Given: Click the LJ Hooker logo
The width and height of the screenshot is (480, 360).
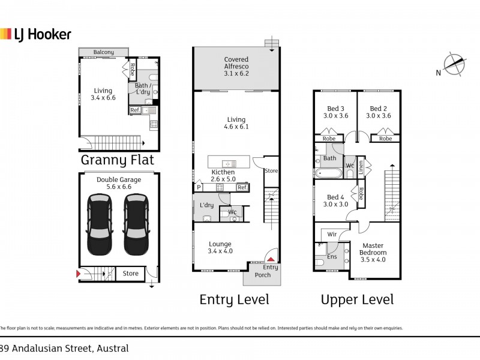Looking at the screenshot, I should tap(36, 34).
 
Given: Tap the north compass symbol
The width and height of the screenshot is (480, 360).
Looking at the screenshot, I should tap(454, 65).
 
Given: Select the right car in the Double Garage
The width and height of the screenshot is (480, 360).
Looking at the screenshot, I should tap(136, 224).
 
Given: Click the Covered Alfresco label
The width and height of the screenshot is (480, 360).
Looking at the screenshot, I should tap(236, 62).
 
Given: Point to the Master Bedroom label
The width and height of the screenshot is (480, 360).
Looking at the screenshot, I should tap(373, 249).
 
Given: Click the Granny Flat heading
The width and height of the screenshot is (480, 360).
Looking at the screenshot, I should tap(118, 160).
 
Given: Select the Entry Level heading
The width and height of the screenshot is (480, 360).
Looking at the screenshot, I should tap(234, 299).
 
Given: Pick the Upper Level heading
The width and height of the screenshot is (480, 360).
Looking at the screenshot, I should tap(358, 299).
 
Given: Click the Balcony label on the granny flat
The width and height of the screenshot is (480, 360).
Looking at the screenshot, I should tap(103, 53).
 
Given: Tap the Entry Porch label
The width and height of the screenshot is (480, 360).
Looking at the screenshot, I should tap(263, 271).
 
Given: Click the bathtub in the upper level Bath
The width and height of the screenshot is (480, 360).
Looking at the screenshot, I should tap(328, 174).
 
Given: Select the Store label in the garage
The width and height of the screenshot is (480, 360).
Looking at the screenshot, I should tap(130, 274).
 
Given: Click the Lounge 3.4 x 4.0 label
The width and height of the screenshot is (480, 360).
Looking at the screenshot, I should tap(220, 247).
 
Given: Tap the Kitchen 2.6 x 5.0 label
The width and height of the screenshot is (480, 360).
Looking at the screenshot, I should tap(223, 175).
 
